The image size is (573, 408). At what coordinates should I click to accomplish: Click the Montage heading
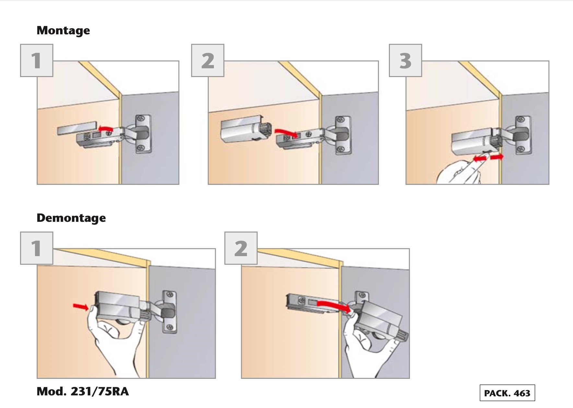point(63,30)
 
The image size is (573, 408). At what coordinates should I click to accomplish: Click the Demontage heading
point(71,218)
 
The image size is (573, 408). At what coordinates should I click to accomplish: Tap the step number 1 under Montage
point(37,61)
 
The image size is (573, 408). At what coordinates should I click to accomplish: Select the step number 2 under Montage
point(208,61)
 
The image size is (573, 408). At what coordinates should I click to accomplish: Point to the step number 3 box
point(405,61)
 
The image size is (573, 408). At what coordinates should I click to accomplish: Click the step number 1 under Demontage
point(37,248)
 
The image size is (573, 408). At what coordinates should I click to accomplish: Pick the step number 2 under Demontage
point(241,248)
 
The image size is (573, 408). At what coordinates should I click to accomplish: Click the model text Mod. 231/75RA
point(83,391)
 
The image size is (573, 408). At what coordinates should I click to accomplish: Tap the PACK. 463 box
point(507,393)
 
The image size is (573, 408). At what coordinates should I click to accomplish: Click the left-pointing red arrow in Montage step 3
point(480,158)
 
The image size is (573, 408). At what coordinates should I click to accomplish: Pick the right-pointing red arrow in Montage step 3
point(497,157)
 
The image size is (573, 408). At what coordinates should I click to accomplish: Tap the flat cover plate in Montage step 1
point(77,128)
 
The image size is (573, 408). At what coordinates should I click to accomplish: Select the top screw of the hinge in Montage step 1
point(141,119)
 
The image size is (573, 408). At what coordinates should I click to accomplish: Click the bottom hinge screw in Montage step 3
point(520,149)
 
